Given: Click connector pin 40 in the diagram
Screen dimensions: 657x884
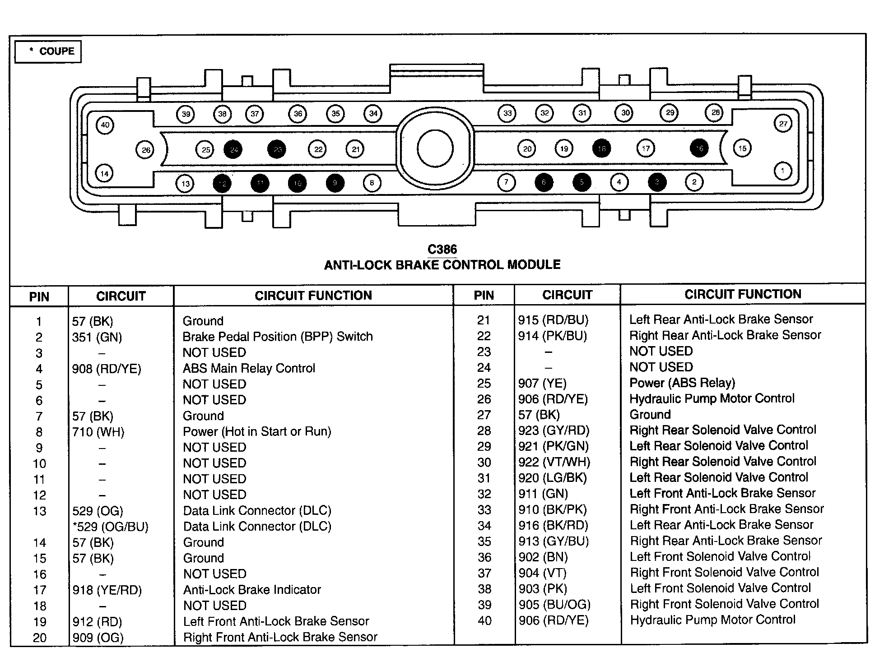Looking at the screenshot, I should [105, 125].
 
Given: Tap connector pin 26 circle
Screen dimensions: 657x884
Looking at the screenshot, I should [145, 150].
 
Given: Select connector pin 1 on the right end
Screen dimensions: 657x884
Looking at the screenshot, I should [782, 171].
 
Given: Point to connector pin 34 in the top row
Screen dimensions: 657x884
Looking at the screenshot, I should [373, 113].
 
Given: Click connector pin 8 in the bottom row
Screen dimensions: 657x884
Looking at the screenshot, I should [372, 183].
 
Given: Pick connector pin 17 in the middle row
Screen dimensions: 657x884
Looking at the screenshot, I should [646, 148].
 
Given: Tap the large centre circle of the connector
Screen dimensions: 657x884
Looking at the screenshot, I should [435, 148].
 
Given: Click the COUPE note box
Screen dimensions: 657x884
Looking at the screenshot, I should [48, 51].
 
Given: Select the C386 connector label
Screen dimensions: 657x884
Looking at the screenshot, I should [442, 250].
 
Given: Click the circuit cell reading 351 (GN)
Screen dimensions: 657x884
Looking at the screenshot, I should [97, 337].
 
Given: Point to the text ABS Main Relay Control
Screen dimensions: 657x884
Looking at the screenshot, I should [249, 368].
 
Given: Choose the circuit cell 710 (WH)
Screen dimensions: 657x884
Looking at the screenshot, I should [98, 432].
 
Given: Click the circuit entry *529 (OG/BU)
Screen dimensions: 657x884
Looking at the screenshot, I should [110, 527].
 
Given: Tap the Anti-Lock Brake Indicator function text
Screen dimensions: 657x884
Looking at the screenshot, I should [252, 590].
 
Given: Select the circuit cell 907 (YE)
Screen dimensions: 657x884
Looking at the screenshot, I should [542, 384].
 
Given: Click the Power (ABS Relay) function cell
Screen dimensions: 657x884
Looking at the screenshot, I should [682, 383].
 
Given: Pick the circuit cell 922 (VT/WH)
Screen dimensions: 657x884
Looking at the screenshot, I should [554, 462].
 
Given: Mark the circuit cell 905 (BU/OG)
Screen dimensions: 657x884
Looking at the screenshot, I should [554, 604].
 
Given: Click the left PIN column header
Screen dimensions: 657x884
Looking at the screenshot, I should [39, 296].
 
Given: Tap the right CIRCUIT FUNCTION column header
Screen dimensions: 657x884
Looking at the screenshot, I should [743, 294].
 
